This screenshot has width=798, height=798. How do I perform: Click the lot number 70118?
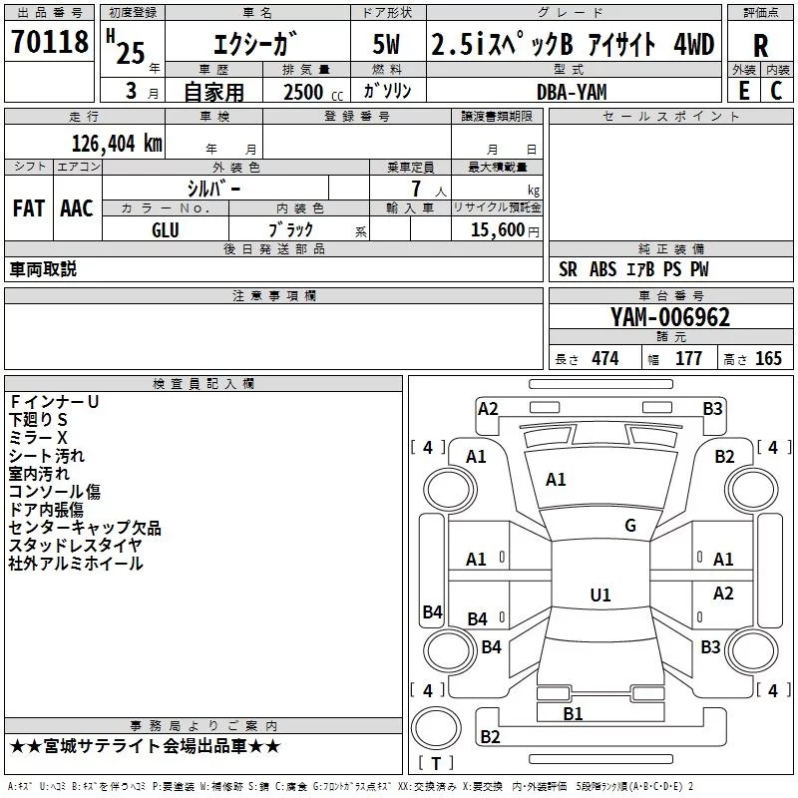(49, 41)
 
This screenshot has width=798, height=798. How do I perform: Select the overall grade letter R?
(760, 45)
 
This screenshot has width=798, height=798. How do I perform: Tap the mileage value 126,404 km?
(117, 144)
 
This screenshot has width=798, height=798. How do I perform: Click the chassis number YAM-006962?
(670, 317)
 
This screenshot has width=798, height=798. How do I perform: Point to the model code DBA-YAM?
(572, 92)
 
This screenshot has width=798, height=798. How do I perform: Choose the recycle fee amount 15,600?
(497, 229)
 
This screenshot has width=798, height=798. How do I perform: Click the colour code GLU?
(166, 230)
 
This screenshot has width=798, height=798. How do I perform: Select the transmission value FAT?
(29, 208)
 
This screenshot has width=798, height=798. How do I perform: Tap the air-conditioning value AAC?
(77, 208)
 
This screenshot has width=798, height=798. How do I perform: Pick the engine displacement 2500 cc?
(313, 92)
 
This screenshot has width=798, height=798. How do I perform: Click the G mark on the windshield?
(630, 525)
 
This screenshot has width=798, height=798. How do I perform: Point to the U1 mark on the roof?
(600, 595)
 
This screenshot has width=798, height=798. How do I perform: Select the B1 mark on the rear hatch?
(573, 714)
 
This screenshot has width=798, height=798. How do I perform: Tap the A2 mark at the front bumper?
(488, 409)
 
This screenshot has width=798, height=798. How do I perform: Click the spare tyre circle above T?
(436, 728)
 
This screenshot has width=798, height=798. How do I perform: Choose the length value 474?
(605, 359)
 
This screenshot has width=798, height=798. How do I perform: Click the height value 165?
(768, 359)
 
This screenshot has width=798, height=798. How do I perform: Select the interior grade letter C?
(776, 91)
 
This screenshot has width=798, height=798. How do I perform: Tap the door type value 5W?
(386, 44)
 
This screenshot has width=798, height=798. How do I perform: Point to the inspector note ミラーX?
(38, 438)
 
